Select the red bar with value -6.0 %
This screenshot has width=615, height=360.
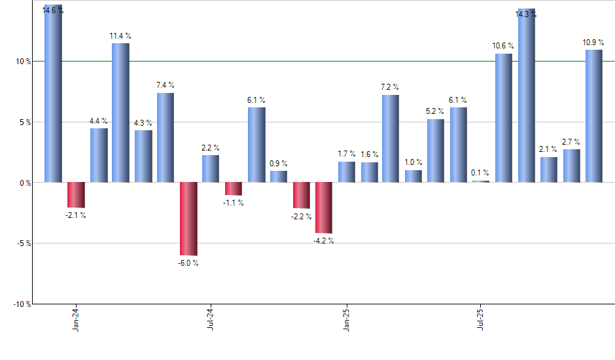click(x=188, y=219)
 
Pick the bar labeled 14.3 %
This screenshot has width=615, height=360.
click(x=527, y=96)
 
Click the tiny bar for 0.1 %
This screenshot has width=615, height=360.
click(x=481, y=181)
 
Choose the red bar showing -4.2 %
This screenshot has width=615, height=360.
click(x=324, y=207)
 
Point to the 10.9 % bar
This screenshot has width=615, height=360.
click(x=594, y=116)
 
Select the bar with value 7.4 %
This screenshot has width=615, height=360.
click(x=166, y=137)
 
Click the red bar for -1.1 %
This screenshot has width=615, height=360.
click(x=234, y=189)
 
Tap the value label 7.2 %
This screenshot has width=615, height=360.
click(x=391, y=87)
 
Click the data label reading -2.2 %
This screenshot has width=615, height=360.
click(x=302, y=217)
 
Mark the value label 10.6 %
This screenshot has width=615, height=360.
click(x=503, y=46)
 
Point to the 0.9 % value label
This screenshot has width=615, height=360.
click(x=279, y=163)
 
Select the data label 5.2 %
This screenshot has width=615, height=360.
click(x=435, y=111)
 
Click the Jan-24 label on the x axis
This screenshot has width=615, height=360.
click(x=77, y=318)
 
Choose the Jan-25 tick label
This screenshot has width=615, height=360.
click(x=347, y=318)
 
